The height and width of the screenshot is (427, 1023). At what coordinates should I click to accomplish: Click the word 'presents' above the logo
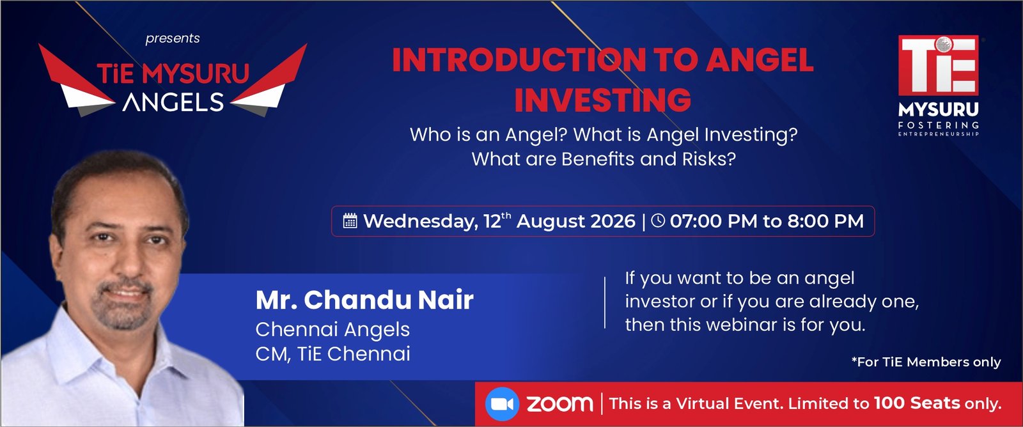173,38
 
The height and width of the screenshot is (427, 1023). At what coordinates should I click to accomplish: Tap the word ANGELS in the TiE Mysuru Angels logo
173,102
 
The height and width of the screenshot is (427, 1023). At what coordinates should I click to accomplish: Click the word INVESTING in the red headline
603,100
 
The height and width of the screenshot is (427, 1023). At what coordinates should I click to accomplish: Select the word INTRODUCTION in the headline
519,60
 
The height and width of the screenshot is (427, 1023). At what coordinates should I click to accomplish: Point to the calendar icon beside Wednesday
350,221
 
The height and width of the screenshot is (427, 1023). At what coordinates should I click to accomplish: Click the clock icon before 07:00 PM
658,221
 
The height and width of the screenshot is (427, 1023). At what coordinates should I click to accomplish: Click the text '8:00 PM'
825,221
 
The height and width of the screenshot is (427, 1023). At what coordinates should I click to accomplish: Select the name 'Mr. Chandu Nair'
364,300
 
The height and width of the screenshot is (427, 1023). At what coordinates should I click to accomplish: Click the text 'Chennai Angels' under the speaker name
332,330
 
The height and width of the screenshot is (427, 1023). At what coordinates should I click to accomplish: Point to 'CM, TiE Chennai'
332,353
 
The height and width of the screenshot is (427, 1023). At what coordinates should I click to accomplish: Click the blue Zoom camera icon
502,404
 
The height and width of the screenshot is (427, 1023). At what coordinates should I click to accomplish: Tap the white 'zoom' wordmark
560,404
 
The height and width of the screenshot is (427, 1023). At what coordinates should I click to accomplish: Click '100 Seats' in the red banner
917,403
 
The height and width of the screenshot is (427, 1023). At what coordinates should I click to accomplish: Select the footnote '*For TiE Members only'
926,362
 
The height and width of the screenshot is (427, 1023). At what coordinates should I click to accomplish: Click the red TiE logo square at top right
938,65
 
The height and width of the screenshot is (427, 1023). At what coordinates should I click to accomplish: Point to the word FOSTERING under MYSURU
938,125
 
